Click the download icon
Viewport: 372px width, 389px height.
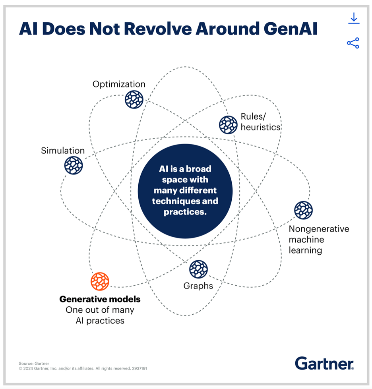[353, 19]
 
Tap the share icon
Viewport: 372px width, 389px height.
[353, 43]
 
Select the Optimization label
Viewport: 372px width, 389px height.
[119, 84]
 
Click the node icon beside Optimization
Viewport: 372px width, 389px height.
[134, 99]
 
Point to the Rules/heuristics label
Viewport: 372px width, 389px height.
[261, 122]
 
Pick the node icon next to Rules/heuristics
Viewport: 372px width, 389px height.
[228, 124]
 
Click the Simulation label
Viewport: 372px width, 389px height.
[63, 151]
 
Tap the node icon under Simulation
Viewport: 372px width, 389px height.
[74, 165]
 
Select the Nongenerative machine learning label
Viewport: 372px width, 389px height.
[319, 240]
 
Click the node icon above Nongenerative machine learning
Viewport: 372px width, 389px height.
[303, 210]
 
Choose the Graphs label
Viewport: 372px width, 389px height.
[198, 286]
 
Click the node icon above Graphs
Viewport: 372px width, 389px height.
[198, 269]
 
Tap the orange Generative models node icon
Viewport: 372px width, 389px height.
[100, 281]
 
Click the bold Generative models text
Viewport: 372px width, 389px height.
[100, 299]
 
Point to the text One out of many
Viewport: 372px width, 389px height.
[100, 310]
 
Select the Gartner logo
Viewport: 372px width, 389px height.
[324, 364]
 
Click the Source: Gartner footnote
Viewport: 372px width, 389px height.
[34, 364]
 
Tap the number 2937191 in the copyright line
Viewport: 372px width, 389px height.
[139, 369]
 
